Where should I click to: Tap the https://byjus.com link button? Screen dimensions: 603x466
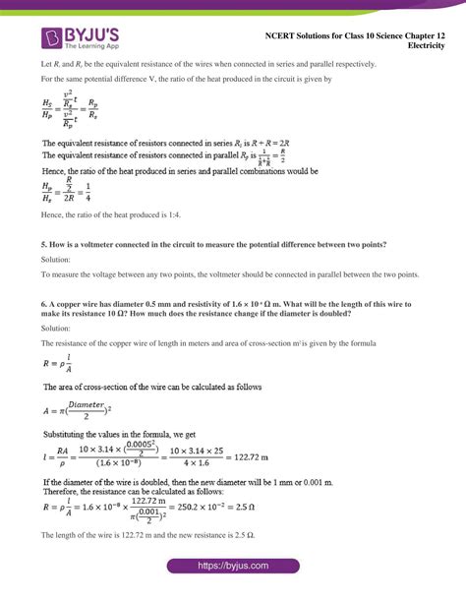pos(232,580)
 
